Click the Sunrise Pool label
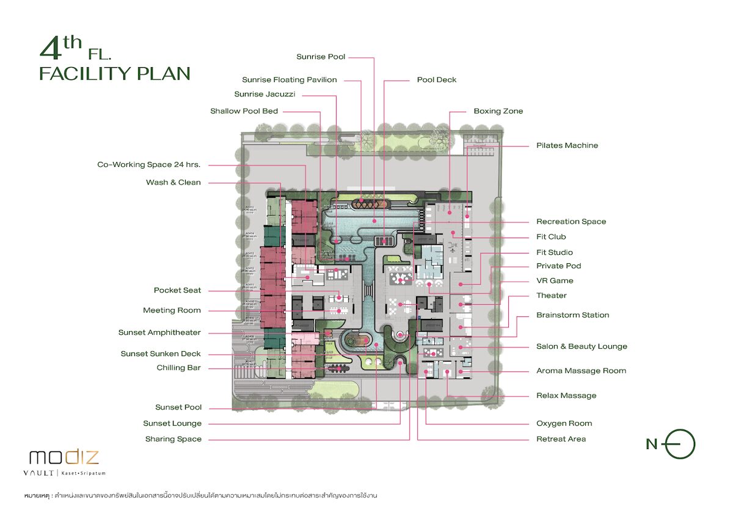pyautogui.click(x=321, y=57)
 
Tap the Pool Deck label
pyautogui.click(x=436, y=80)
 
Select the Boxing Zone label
pyautogui.click(x=498, y=111)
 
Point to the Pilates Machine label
pyautogui.click(x=567, y=145)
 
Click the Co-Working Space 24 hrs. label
pyautogui.click(x=149, y=164)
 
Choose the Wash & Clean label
pyautogui.click(x=173, y=182)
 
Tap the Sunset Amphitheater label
pyautogui.click(x=159, y=333)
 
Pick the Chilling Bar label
pyautogui.click(x=178, y=368)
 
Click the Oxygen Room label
pyautogui.click(x=564, y=423)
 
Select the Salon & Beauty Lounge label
pyautogui.click(x=582, y=346)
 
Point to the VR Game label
pyautogui.click(x=555, y=281)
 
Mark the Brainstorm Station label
pyautogui.click(x=572, y=315)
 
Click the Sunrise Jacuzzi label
pyautogui.click(x=264, y=94)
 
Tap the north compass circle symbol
pyautogui.click(x=680, y=444)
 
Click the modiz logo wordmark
pyautogui.click(x=64, y=457)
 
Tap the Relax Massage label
pyautogui.click(x=566, y=395)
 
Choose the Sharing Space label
pyautogui.click(x=173, y=439)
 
